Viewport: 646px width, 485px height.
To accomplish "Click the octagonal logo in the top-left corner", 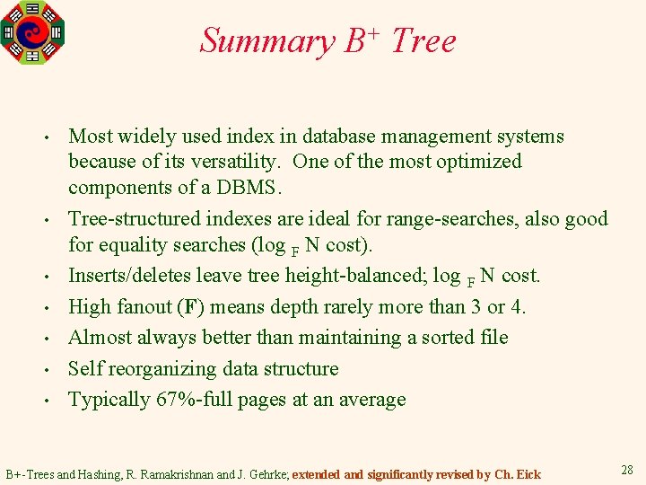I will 33,31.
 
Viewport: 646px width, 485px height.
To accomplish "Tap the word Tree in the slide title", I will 423,41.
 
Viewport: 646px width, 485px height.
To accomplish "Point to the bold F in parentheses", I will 189,307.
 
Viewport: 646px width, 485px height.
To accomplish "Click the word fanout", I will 143,307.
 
